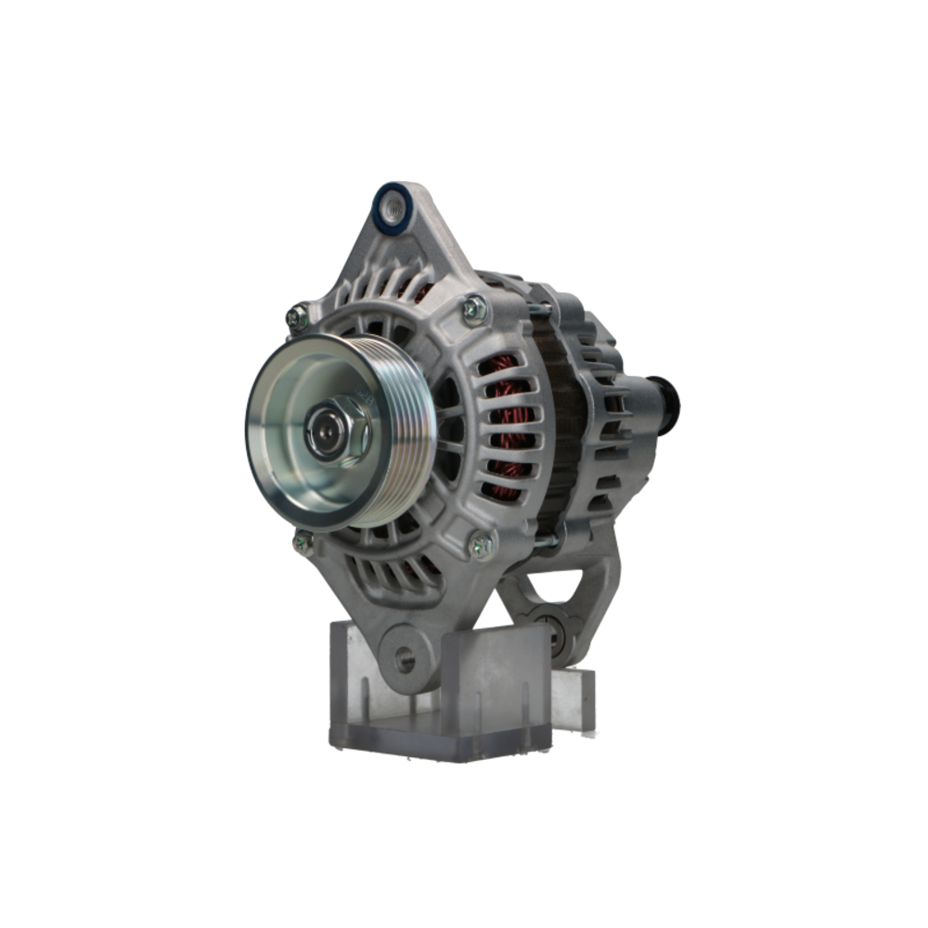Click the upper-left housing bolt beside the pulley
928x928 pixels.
point(297,317)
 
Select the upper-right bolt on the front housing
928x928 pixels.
point(474,307)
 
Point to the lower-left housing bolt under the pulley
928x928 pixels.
point(303,542)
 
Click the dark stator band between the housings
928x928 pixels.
point(560,427)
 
